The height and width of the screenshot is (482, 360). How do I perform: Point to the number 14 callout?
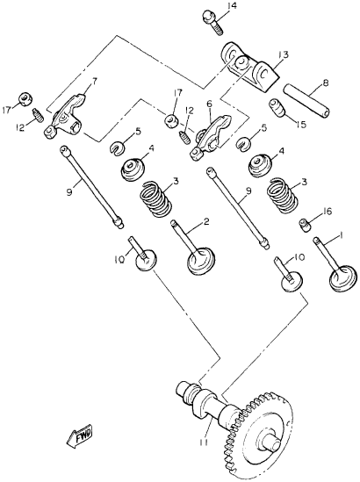[x=231, y=7]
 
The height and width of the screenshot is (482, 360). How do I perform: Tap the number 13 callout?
[x=284, y=54]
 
